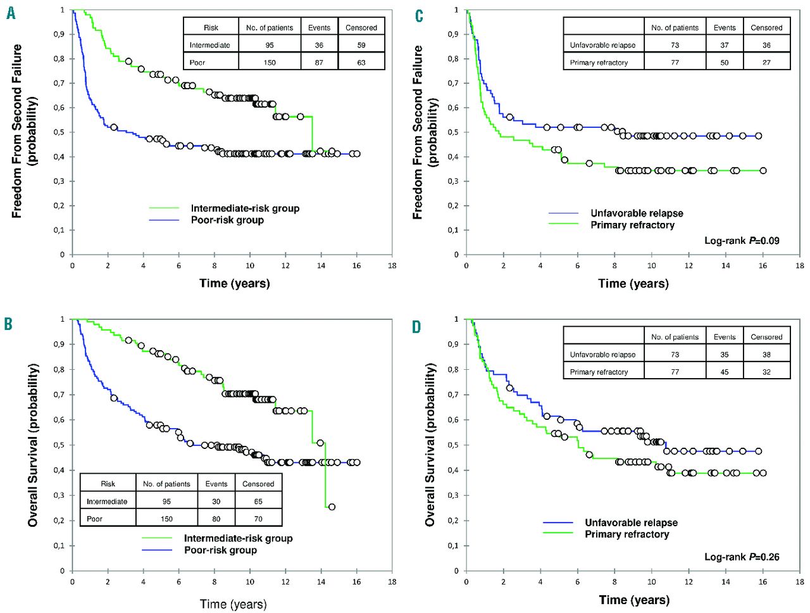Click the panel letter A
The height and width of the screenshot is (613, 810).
pyautogui.click(x=11, y=13)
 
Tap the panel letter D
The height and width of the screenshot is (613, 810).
pyautogui.click(x=416, y=327)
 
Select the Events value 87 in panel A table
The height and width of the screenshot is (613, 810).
pyautogui.click(x=319, y=62)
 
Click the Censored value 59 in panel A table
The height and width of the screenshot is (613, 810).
pyautogui.click(x=361, y=45)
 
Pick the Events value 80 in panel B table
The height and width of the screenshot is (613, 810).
pyautogui.click(x=216, y=519)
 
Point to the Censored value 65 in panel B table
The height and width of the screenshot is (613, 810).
pyautogui.click(x=258, y=501)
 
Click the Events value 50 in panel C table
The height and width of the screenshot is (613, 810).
pyautogui.click(x=724, y=62)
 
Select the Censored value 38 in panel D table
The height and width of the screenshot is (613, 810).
pyautogui.click(x=766, y=355)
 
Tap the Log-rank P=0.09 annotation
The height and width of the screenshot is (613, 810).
pyautogui.click(x=742, y=241)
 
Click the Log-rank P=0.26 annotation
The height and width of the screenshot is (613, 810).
pyautogui.click(x=742, y=557)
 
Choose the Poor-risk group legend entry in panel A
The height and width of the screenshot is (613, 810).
pyautogui.click(x=227, y=220)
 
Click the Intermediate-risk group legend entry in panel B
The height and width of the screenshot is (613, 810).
pyautogui.click(x=238, y=538)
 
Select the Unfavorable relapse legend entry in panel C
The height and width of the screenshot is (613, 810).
pyautogui.click(x=637, y=213)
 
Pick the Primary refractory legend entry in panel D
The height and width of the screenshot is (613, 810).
pyautogui.click(x=626, y=534)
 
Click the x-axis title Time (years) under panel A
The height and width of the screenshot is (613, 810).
pyautogui.click(x=234, y=283)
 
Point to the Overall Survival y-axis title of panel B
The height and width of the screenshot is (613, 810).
pyautogui.click(x=33, y=445)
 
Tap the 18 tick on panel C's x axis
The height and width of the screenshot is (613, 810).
pyautogui.click(x=800, y=265)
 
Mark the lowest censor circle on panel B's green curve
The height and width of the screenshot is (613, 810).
pyautogui.click(x=332, y=507)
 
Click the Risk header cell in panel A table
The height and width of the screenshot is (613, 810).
pyautogui.click(x=211, y=28)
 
